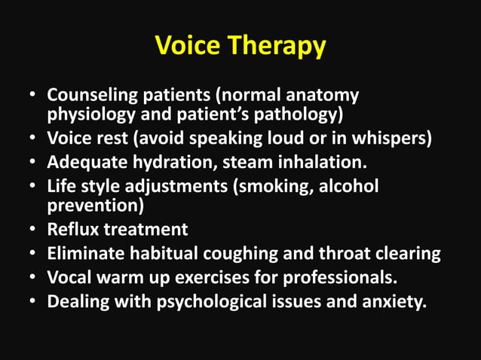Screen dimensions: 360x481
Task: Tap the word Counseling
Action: (89, 97)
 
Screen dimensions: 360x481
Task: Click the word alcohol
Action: (348, 185)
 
